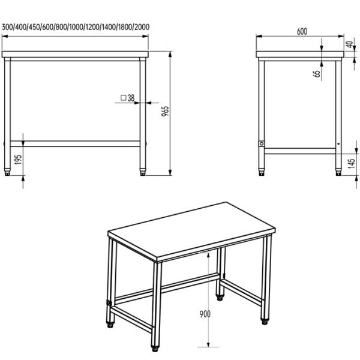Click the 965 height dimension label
click(x=165, y=112)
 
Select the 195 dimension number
click(x=18, y=160)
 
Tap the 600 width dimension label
click(x=302, y=31)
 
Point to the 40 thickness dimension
click(x=350, y=44)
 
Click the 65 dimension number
click(x=317, y=73)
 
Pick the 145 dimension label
click(x=351, y=163)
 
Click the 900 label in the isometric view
click(x=205, y=314)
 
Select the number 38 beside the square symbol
click(x=131, y=98)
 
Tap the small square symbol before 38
click(x=123, y=98)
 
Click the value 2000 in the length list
click(x=142, y=27)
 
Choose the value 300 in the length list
click(x=7, y=27)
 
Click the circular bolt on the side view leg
click(x=262, y=144)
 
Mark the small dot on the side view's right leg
click(x=338, y=144)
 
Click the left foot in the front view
click(x=7, y=172)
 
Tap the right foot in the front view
click(x=143, y=172)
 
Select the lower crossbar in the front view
click(x=75, y=144)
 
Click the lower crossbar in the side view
click(x=300, y=151)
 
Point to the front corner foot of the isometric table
click(x=155, y=348)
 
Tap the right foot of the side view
click(x=338, y=172)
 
